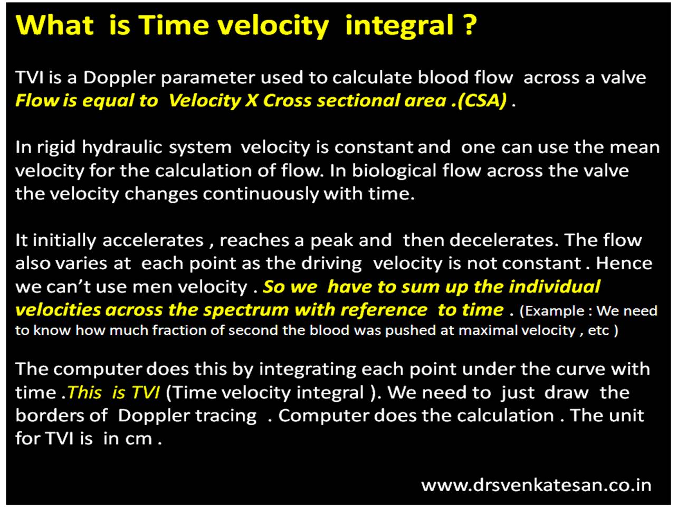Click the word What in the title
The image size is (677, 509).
click(x=55, y=25)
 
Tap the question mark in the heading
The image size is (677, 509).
click(x=470, y=25)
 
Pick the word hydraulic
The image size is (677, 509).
click(x=122, y=147)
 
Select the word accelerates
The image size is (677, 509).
click(x=153, y=241)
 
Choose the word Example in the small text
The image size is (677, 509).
click(x=553, y=311)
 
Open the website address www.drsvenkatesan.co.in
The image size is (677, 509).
click(x=536, y=485)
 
